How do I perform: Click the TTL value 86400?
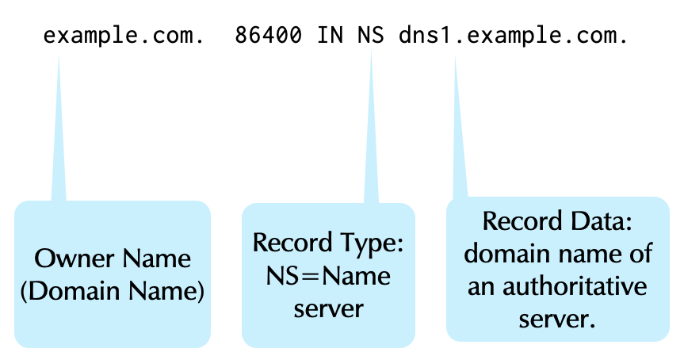[x=268, y=36]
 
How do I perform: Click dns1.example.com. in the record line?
[x=514, y=36]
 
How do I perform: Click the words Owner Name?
[x=113, y=259]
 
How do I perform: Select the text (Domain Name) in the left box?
[x=113, y=290]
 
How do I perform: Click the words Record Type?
[x=328, y=243]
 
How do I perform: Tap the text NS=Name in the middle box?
[x=328, y=276]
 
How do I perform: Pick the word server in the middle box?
[x=328, y=308]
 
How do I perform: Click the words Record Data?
[x=557, y=222]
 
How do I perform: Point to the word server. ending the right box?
[x=557, y=319]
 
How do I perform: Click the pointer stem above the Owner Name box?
[x=59, y=135]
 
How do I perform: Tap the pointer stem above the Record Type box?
[x=370, y=135]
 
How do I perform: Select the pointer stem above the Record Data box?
[x=457, y=135]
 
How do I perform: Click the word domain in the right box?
[x=505, y=255]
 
